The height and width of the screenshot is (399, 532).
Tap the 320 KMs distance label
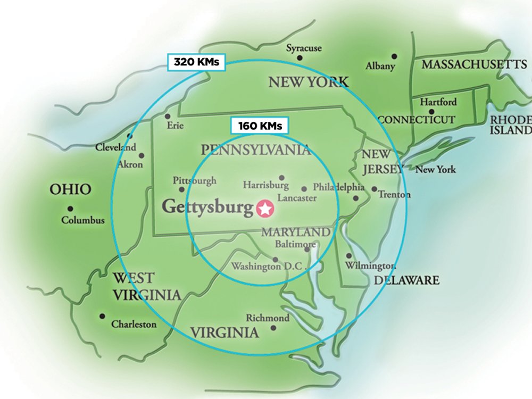click(196, 62)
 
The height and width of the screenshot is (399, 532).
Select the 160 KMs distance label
click(260, 126)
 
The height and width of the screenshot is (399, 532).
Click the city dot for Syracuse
click(300, 57)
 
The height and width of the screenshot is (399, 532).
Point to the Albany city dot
click(394, 56)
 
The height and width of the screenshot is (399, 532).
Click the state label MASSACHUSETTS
click(474, 64)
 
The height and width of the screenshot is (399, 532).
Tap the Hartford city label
click(438, 102)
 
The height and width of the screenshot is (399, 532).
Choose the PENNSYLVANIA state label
click(256, 149)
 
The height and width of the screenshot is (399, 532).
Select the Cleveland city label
click(115, 147)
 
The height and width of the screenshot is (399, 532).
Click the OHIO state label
click(70, 189)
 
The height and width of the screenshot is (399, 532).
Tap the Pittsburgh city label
click(195, 180)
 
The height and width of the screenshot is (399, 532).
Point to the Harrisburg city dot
click(281, 178)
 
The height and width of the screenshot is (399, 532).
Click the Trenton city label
click(394, 195)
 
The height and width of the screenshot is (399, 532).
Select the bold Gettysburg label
click(207, 207)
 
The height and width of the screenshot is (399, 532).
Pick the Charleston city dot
click(102, 316)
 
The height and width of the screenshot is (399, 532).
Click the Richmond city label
click(268, 318)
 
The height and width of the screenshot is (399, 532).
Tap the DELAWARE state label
click(407, 280)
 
